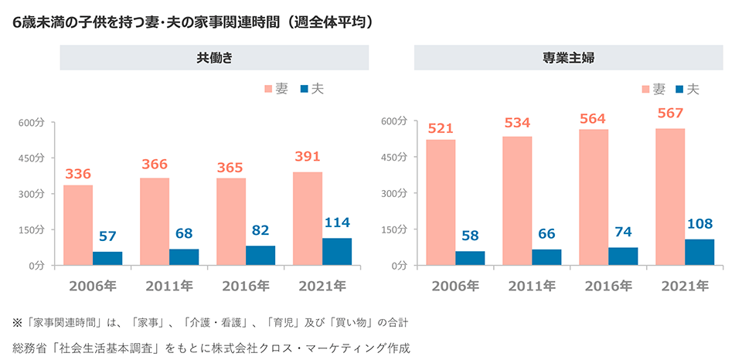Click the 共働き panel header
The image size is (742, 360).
(x=214, y=58)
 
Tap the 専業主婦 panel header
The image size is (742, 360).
(x=568, y=58)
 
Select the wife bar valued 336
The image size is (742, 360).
(x=78, y=225)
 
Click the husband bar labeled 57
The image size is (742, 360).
(x=107, y=258)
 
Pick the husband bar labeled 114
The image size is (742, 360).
(x=337, y=251)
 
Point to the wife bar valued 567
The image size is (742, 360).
(x=670, y=196)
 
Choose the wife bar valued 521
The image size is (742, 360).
(x=441, y=202)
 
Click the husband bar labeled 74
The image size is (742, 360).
(x=623, y=256)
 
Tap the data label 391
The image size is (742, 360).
(x=307, y=157)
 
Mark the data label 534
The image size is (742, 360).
(x=517, y=122)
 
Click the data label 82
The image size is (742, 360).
(x=260, y=231)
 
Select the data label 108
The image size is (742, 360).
(x=699, y=224)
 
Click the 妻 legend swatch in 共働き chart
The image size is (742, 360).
(x=267, y=90)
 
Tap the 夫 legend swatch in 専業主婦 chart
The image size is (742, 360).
(x=680, y=90)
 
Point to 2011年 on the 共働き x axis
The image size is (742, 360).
(x=169, y=286)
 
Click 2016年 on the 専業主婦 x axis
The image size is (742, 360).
(x=608, y=286)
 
